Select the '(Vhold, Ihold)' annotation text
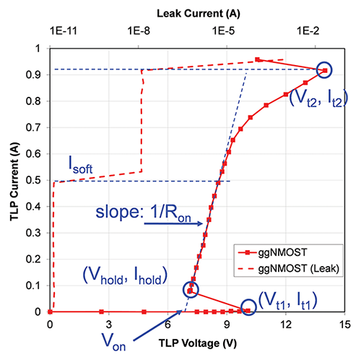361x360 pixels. (x=123, y=275)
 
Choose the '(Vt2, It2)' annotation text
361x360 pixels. (x=318, y=100)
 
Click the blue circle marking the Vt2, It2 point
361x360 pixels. (x=324, y=69)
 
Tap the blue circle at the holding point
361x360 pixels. (x=191, y=289)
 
